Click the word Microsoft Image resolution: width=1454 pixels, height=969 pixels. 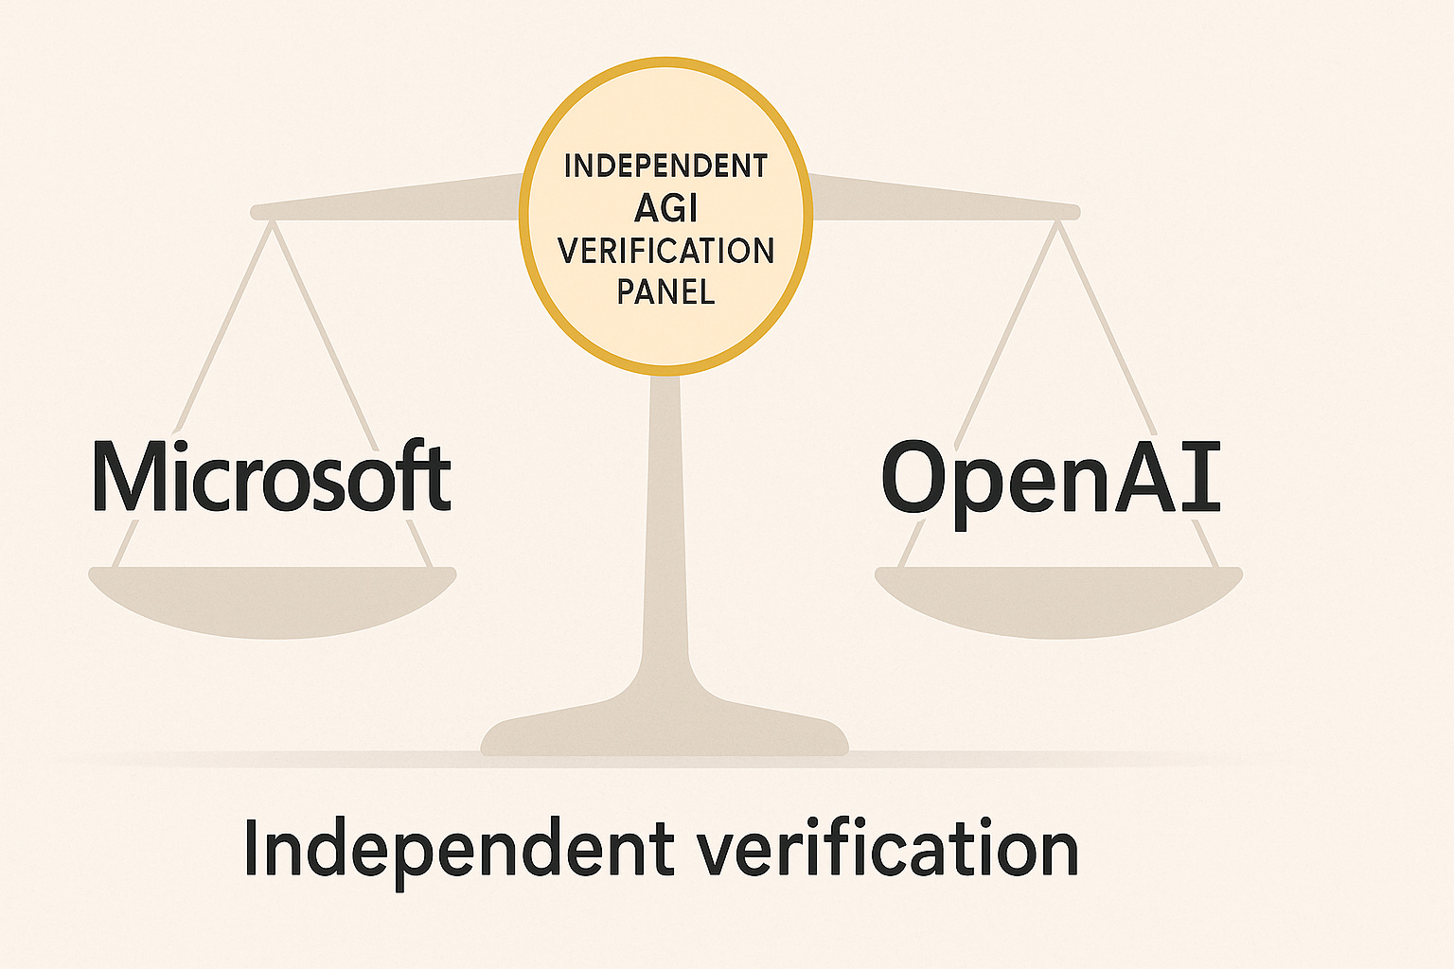tap(272, 478)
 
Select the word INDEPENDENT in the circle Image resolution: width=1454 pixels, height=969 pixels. tap(665, 167)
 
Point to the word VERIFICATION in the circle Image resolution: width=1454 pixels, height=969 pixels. tap(665, 251)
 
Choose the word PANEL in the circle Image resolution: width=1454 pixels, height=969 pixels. tap(665, 291)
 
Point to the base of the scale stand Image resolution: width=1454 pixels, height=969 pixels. tap(665, 733)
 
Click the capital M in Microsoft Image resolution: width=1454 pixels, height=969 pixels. tap(129, 478)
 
